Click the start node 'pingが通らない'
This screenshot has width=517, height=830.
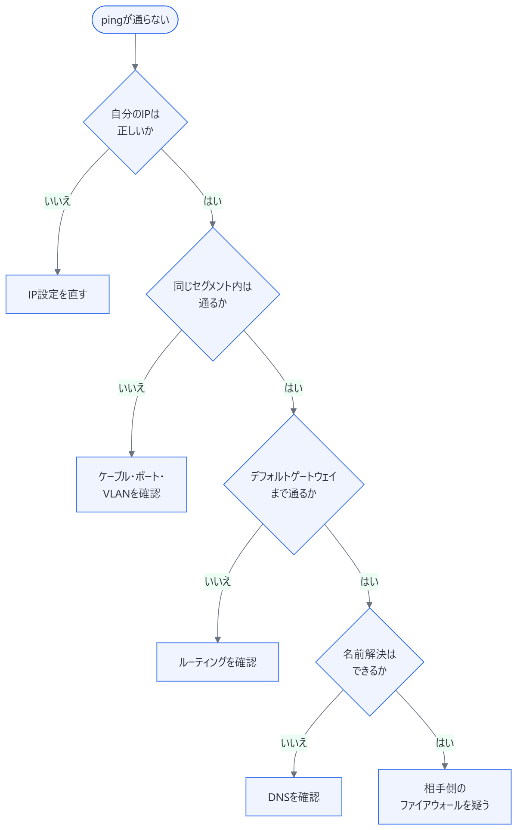pyautogui.click(x=135, y=20)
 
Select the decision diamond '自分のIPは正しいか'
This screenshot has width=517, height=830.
pyautogui.click(x=135, y=122)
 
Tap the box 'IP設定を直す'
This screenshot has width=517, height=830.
pyautogui.click(x=58, y=294)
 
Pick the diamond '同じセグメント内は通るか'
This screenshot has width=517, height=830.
pyautogui.click(x=213, y=294)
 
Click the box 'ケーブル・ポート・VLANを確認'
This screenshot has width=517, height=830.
pyautogui.click(x=132, y=485)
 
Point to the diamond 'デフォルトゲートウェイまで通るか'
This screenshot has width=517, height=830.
pyautogui.click(x=294, y=485)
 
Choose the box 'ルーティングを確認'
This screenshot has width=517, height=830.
pyautogui.click(x=218, y=662)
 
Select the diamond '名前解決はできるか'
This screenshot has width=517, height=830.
pyautogui.click(x=370, y=662)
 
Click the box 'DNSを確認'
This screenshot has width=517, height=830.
pyautogui.click(x=294, y=797)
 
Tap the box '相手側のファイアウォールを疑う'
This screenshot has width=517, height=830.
pyautogui.click(x=445, y=797)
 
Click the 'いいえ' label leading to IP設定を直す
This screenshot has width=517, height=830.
pyautogui.click(x=58, y=201)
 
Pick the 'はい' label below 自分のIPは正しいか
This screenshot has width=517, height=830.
pyautogui.click(x=213, y=201)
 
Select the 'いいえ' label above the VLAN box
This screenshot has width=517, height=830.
pyautogui.click(x=132, y=388)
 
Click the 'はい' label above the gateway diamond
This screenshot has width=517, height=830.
pyautogui.click(x=294, y=388)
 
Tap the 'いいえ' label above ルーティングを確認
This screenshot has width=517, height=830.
pyautogui.click(x=218, y=581)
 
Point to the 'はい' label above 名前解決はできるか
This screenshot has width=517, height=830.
pyautogui.click(x=369, y=581)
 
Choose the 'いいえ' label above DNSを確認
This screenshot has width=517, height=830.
pyautogui.click(x=294, y=743)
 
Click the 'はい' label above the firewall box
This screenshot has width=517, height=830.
pyautogui.click(x=445, y=743)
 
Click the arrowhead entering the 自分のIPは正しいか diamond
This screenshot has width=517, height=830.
pyautogui.click(x=135, y=67)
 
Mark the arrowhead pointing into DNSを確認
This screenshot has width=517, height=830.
pyautogui.click(x=294, y=774)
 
